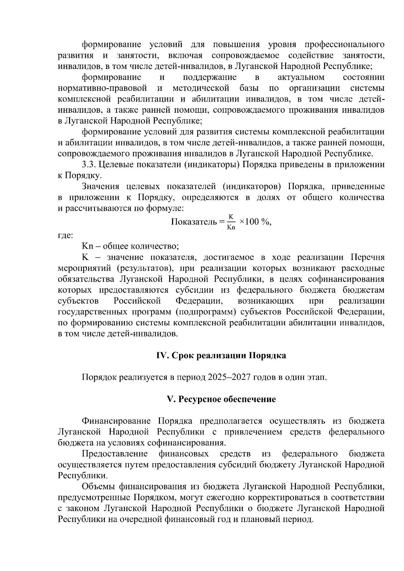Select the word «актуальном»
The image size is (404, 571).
point(301,77)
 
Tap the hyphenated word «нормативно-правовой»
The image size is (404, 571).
point(102,88)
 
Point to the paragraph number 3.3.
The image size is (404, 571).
point(90,165)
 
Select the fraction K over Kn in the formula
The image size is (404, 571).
point(231,222)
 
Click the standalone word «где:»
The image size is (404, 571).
point(65,236)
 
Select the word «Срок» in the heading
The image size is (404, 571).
point(183,356)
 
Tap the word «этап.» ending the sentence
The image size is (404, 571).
point(316,377)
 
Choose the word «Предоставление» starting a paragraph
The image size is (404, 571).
point(115,454)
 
